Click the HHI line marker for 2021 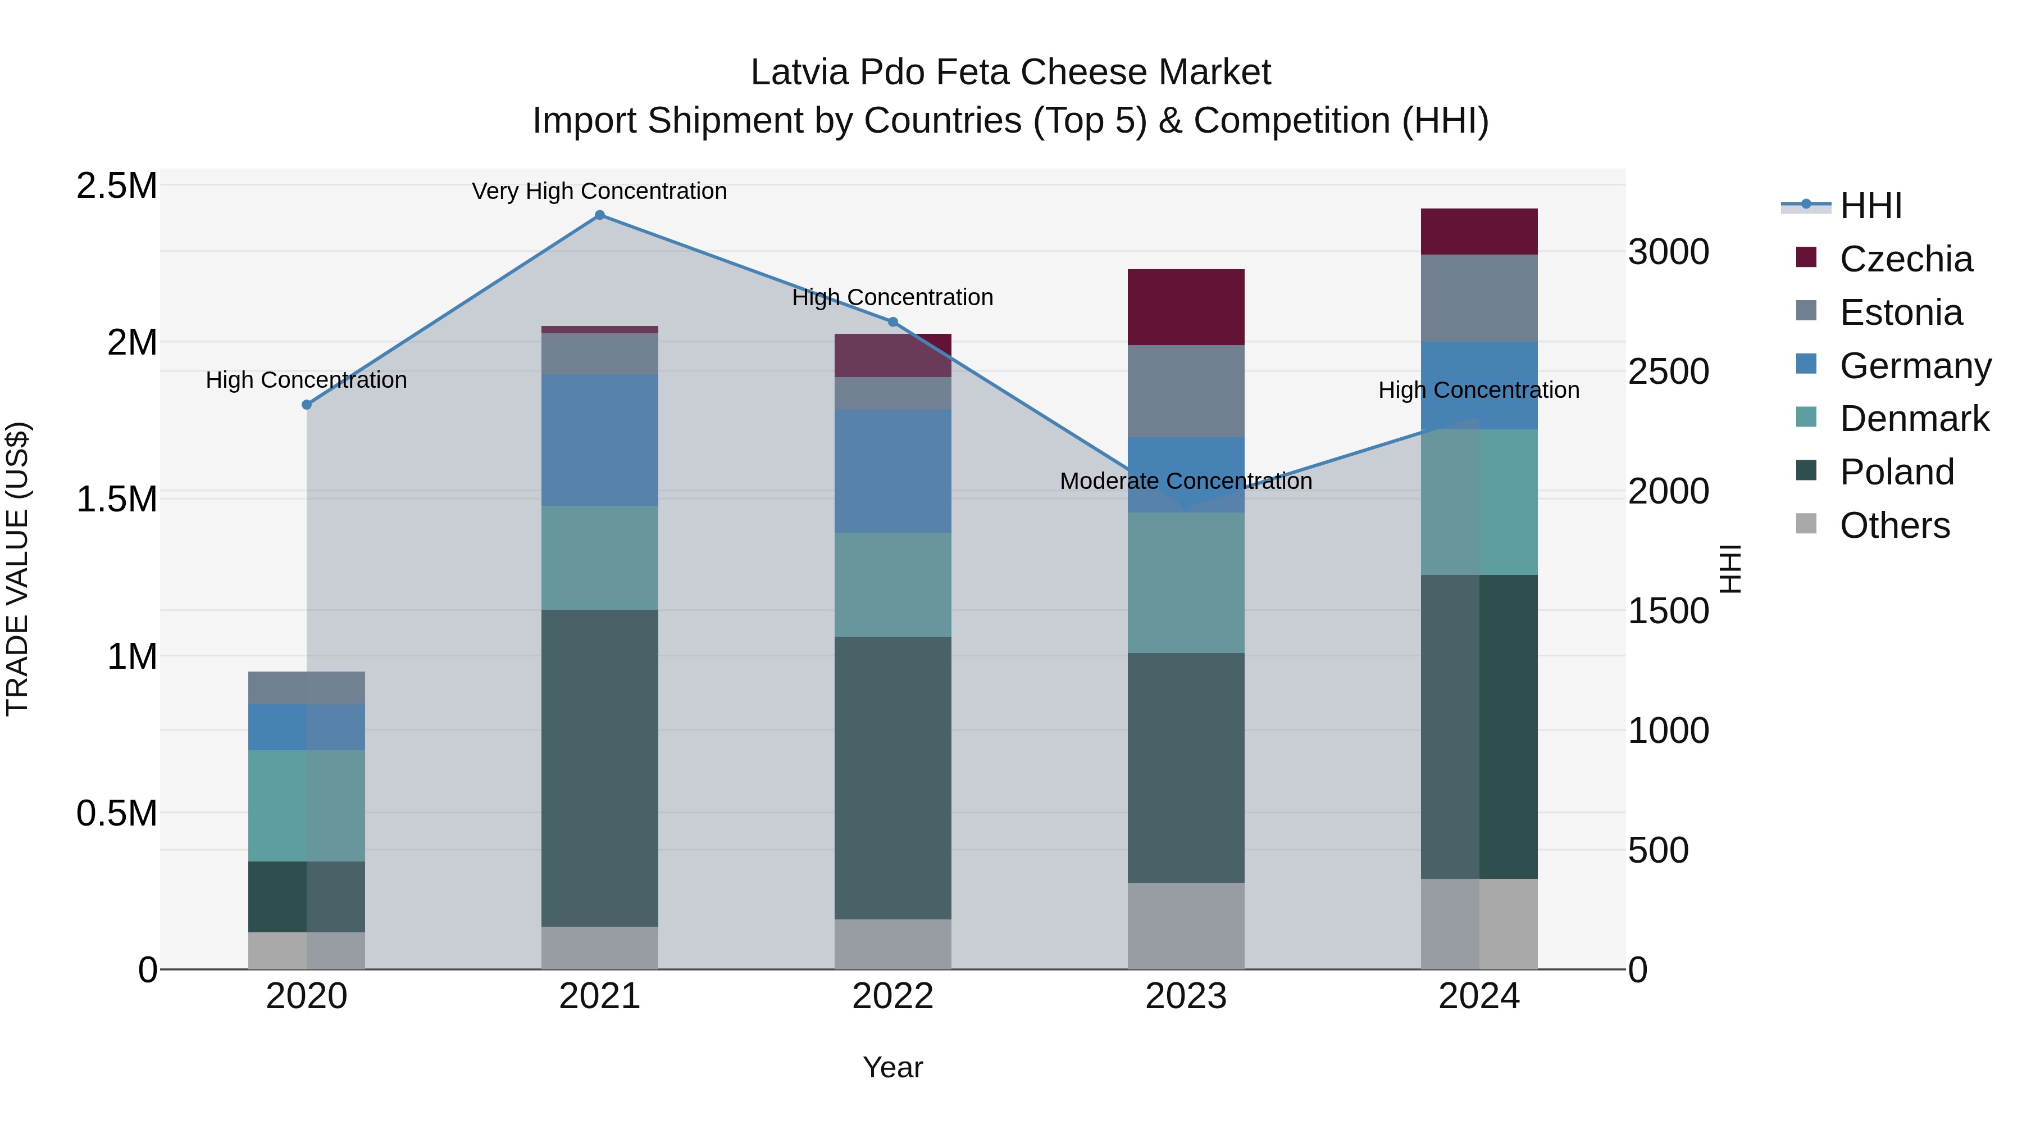tap(600, 215)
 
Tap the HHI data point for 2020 tap(307, 405)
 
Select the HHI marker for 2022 tap(892, 322)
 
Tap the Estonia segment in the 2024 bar tap(1479, 298)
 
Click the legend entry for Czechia tap(1905, 259)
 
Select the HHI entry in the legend tap(1870, 206)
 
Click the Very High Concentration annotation tap(600, 191)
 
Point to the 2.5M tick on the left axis tap(116, 186)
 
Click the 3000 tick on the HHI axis tap(1668, 252)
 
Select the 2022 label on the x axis tap(892, 996)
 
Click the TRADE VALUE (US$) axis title tap(17, 569)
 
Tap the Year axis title tap(892, 1067)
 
